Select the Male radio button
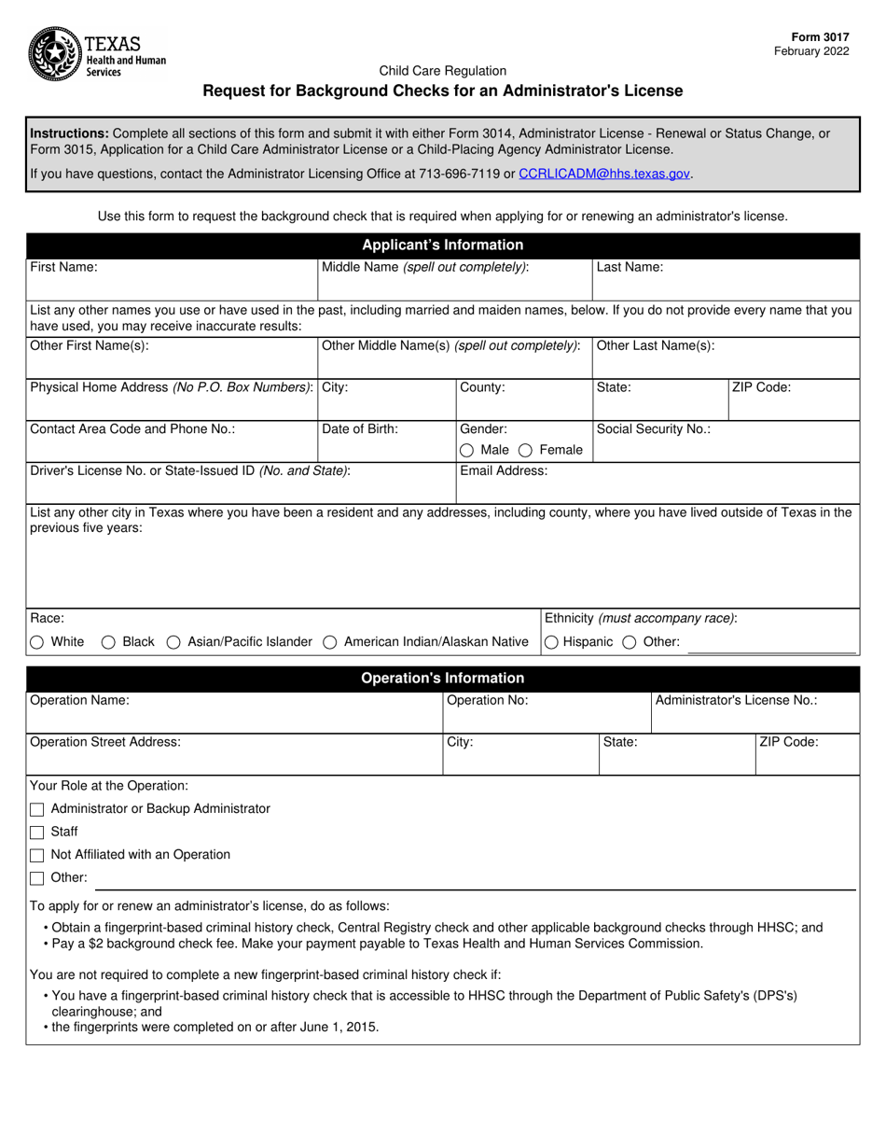(x=466, y=450)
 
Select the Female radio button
(x=526, y=450)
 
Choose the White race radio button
(x=37, y=642)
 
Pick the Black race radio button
(x=108, y=642)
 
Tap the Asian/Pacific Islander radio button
(x=173, y=642)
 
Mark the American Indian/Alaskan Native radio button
(x=330, y=642)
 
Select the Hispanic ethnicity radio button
(x=551, y=642)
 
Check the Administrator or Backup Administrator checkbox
(x=37, y=809)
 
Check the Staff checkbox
(x=37, y=833)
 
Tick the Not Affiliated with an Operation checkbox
(x=37, y=855)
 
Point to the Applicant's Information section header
(x=442, y=245)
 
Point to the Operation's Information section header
(x=442, y=679)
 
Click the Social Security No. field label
(x=653, y=429)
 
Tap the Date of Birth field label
(x=360, y=429)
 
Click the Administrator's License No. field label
(x=736, y=700)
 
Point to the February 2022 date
(x=811, y=51)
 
